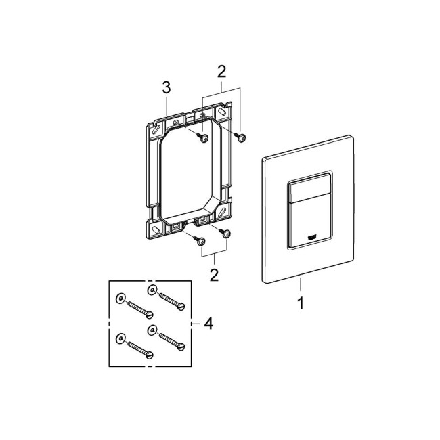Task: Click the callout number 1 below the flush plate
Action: (300, 303)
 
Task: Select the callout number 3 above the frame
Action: (167, 88)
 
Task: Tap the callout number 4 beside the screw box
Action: (208, 324)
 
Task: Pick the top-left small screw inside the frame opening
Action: (202, 139)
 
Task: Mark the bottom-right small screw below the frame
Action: (225, 234)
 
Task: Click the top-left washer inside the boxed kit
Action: (120, 299)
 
